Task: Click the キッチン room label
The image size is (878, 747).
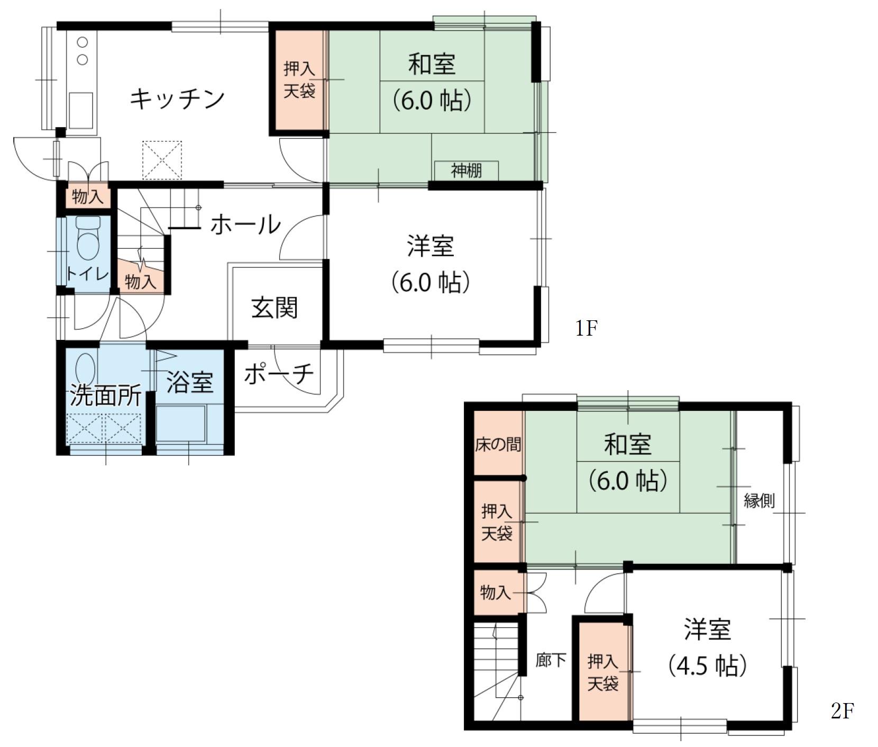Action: pos(177,98)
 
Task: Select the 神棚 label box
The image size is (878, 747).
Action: pos(466,170)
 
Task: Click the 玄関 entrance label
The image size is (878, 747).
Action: pos(275,308)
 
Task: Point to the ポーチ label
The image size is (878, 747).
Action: pos(279,374)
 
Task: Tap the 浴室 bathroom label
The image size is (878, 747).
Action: pos(189,382)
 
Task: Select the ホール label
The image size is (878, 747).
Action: pos(245,224)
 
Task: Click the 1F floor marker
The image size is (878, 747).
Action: pos(587,329)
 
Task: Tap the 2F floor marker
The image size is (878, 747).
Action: pos(843,711)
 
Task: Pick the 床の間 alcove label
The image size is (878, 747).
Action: pos(498,444)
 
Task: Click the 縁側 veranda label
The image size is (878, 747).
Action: pos(760,500)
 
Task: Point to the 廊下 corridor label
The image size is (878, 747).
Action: pos(551,660)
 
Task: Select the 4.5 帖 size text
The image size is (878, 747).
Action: pos(707,665)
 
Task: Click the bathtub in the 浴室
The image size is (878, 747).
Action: pos(181,424)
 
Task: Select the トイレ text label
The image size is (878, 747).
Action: pos(87,274)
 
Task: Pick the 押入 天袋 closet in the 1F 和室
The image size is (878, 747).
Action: pos(299,80)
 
